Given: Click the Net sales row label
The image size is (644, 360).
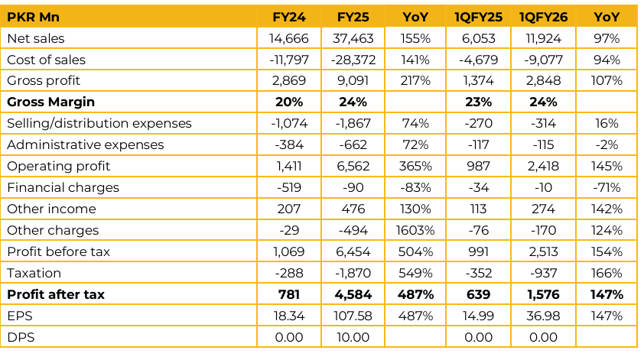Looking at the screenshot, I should [36, 38].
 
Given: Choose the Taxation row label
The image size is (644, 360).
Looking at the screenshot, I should [34, 273].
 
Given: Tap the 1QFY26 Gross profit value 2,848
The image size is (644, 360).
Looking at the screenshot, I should [542, 81].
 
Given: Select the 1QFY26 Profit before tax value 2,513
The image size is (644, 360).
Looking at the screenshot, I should [542, 251].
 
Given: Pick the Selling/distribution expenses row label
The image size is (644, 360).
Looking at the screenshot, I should [99, 123].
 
